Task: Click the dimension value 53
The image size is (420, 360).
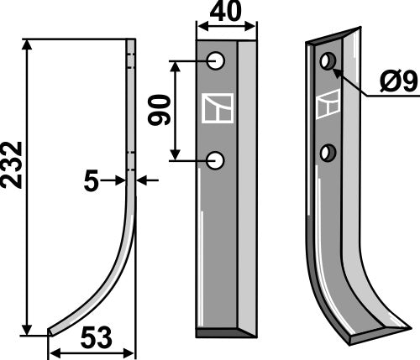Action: pos(94,340)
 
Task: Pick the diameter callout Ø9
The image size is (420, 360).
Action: pos(396,82)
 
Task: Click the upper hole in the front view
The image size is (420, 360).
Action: pos(217,61)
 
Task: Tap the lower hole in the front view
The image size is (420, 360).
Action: pos(217,159)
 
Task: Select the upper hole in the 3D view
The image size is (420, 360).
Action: pos(328,61)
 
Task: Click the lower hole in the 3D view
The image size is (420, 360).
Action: pos(328,152)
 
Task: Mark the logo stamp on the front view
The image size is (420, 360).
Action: pos(217,110)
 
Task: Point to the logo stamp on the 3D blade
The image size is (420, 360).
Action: pos(328,106)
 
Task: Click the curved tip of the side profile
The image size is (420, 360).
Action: pos(52,331)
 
